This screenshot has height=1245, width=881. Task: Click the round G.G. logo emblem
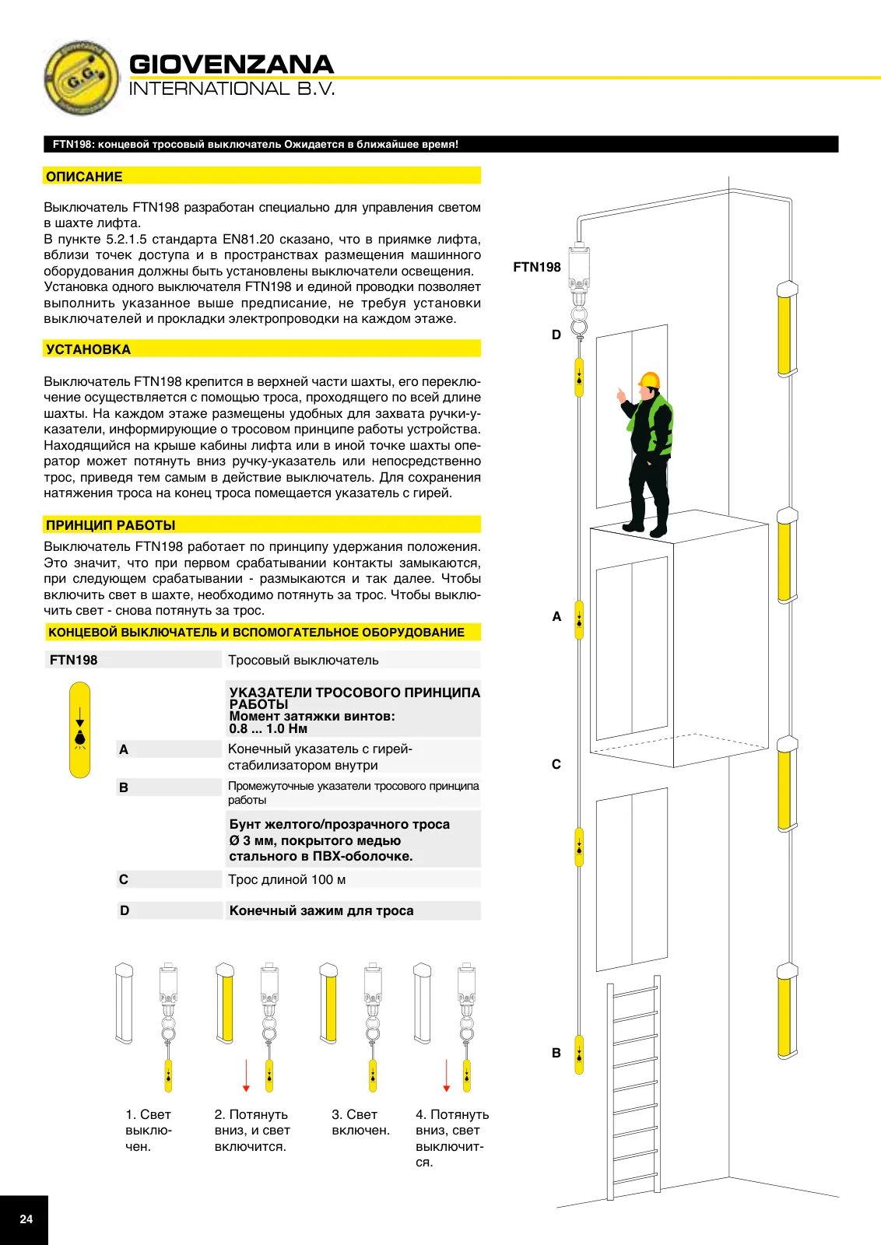click(x=81, y=78)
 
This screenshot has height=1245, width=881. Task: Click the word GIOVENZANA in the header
click(x=231, y=65)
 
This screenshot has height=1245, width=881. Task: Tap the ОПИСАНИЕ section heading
click(x=84, y=177)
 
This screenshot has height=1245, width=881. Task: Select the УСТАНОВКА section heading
click(x=89, y=349)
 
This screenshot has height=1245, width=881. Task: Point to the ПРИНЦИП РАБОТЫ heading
click(x=111, y=525)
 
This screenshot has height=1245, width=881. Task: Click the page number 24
click(x=26, y=1219)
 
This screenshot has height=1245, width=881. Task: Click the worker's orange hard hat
click(x=649, y=380)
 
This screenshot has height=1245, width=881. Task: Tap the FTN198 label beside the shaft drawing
click(x=537, y=268)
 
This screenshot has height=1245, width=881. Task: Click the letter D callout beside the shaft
click(x=556, y=335)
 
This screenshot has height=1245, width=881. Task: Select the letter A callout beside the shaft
click(x=556, y=616)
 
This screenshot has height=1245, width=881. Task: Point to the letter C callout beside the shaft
click(x=556, y=764)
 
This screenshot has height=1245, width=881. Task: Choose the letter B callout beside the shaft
click(x=556, y=1053)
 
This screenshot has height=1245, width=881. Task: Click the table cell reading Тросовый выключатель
click(x=303, y=661)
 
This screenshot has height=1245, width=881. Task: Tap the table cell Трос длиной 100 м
click(x=287, y=879)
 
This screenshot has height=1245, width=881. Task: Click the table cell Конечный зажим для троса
click(x=321, y=910)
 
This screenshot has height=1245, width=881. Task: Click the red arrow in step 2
click(x=246, y=1075)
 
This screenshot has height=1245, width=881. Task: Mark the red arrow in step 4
click(x=446, y=1075)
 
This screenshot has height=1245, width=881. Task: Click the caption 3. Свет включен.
click(x=361, y=1122)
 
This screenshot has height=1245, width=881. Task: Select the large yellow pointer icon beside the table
click(x=80, y=730)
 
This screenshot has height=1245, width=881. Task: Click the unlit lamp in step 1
click(x=124, y=1003)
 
